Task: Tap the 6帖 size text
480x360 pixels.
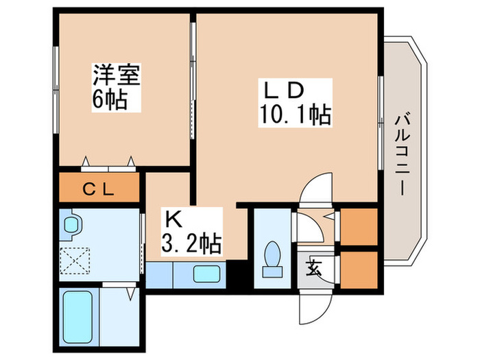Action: pos(110,100)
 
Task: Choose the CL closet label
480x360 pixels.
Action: pos(99,188)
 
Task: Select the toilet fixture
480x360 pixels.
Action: pos(272,257)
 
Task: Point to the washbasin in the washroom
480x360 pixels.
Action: pos(71,225)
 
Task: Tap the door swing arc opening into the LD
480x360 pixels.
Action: pos(317,188)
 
